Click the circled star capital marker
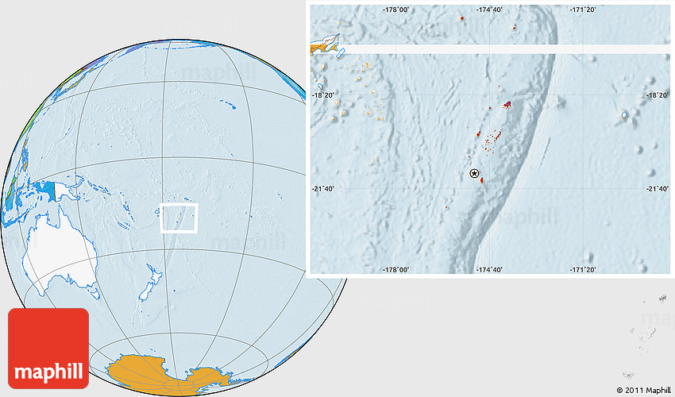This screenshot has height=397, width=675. click(475, 173)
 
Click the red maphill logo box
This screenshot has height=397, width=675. click(48, 348)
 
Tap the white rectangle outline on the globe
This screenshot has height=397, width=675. click(179, 218)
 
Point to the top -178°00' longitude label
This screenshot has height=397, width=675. click(395, 10)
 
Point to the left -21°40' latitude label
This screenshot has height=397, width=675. click(323, 188)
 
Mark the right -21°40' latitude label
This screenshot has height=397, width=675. click(657, 188)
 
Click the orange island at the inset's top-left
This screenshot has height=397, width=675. click(326, 44)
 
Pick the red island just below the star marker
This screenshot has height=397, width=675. click(482, 180)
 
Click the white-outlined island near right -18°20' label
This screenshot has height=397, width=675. click(624, 116)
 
